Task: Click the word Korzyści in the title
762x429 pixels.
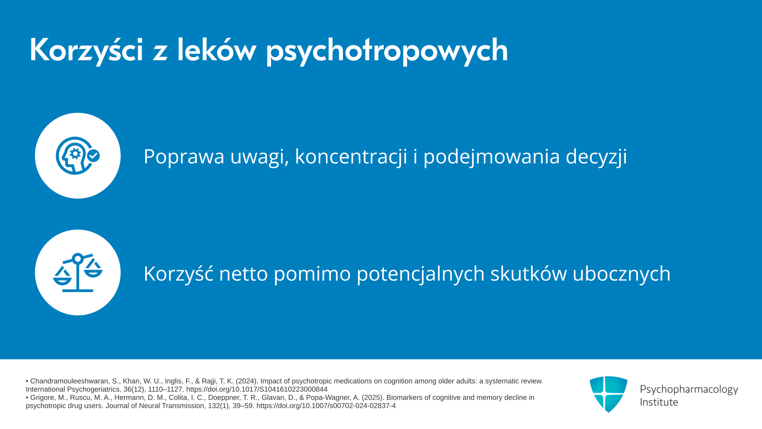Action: (86, 50)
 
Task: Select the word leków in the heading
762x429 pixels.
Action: (217, 50)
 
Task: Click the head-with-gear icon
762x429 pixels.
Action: (78, 156)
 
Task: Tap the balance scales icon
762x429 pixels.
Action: (78, 272)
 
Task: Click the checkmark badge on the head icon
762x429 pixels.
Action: (94, 156)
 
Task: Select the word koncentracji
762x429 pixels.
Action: (351, 156)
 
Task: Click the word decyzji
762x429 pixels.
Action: (596, 157)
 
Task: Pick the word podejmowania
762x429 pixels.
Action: (492, 157)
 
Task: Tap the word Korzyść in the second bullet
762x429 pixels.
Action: (179, 273)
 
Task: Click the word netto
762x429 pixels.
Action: (244, 274)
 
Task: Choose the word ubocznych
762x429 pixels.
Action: (622, 273)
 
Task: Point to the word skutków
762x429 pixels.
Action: (529, 273)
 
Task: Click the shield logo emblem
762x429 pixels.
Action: (608, 394)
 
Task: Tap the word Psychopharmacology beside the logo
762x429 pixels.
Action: (689, 390)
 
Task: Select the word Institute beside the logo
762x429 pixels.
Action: (659, 402)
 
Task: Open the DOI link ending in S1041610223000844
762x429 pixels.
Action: (257, 389)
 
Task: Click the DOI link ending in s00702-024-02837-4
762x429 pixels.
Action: (326, 406)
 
